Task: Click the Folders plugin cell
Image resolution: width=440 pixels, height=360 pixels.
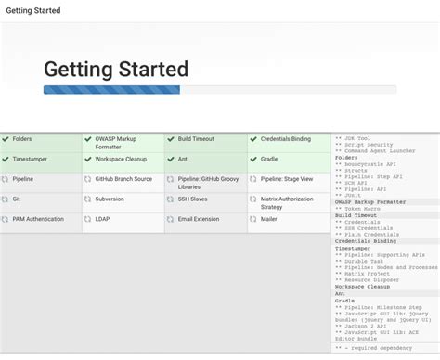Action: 41,139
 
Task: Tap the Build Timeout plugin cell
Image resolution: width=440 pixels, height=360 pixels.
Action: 206,139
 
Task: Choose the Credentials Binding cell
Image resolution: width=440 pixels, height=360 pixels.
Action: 289,139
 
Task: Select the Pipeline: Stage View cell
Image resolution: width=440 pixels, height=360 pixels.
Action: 289,178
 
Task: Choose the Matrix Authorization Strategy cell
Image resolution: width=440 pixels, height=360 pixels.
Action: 289,202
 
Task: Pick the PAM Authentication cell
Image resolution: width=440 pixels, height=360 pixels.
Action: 41,219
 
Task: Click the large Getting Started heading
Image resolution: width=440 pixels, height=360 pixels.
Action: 116,70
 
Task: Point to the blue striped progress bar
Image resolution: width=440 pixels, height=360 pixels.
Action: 111,90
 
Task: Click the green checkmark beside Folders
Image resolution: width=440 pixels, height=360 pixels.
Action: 6,139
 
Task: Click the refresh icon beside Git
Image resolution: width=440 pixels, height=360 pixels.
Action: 6,198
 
